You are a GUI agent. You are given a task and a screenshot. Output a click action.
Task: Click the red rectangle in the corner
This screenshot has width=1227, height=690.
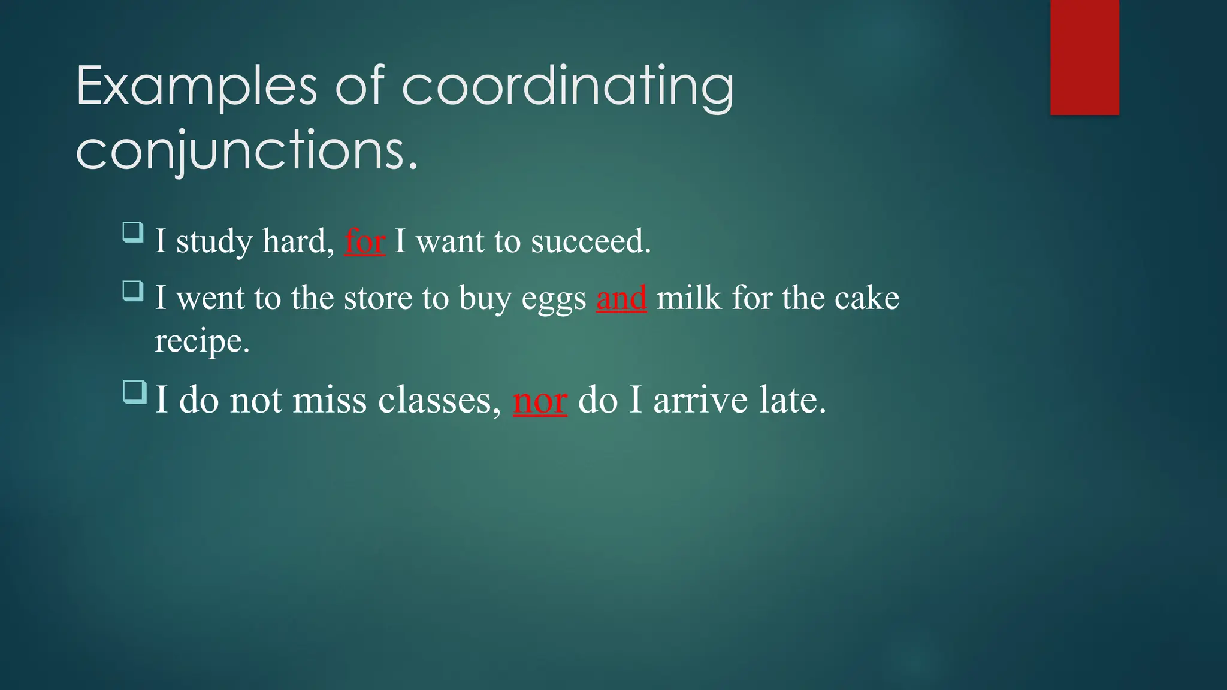pos(1084,57)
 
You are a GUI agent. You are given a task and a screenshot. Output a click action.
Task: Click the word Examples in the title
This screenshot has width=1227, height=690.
pos(197,87)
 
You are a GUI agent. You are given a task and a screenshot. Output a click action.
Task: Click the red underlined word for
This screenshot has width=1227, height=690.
pos(364,241)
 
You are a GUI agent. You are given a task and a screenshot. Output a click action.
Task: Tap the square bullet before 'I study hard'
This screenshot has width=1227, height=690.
pos(133,232)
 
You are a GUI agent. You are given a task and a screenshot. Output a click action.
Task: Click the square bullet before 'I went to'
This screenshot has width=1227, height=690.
pos(133,290)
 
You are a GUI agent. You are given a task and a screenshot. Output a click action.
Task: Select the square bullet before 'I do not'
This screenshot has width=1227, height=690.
pos(134,392)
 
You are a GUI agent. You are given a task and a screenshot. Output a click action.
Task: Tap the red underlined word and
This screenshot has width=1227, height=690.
pos(621,298)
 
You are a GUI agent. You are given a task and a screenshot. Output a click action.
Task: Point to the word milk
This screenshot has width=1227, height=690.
pos(689,298)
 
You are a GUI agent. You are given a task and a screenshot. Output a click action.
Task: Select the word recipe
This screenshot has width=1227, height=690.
pos(202,342)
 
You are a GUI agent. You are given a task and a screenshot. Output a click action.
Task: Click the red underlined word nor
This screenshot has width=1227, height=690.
pos(540,400)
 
